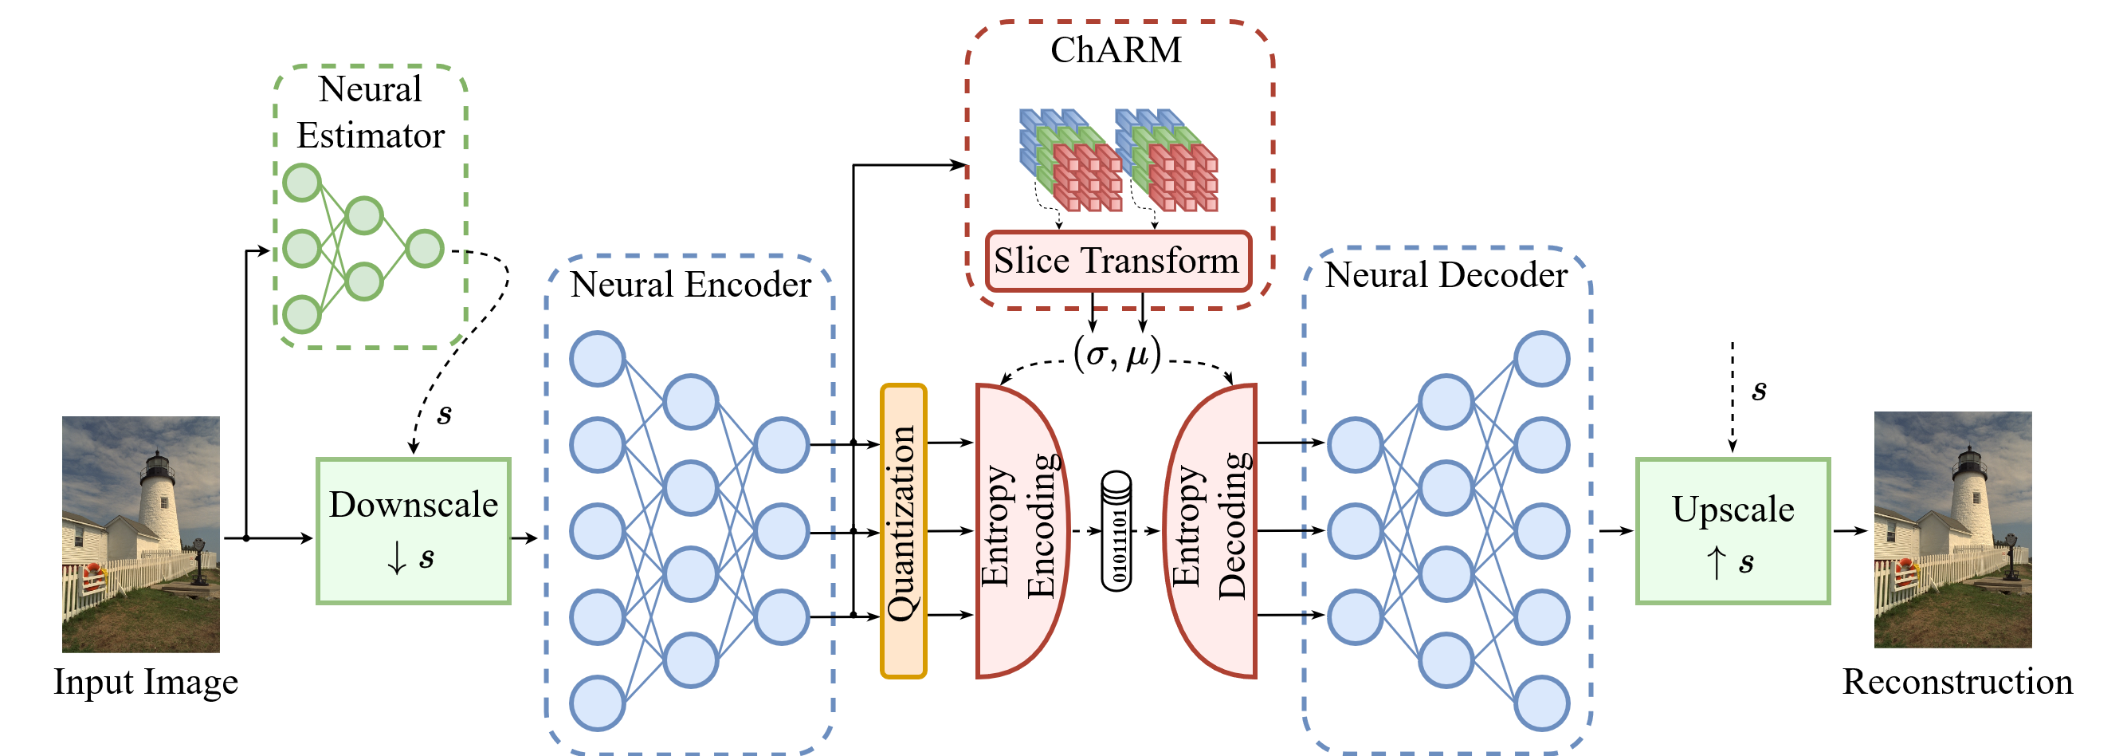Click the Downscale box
(x=413, y=530)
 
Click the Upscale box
(x=1733, y=530)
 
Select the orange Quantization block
(x=903, y=531)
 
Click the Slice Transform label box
(x=1117, y=262)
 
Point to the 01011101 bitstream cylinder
(x=1116, y=531)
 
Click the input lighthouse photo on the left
(x=141, y=534)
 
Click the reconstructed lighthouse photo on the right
(x=1952, y=530)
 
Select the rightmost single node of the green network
(x=426, y=249)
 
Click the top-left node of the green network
(x=302, y=182)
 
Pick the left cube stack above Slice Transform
(x=1069, y=160)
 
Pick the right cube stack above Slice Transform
(x=1166, y=160)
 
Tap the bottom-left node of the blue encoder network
(x=598, y=703)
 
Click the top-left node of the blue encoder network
(x=598, y=359)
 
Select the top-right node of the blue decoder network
(x=1542, y=359)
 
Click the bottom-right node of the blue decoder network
(x=1542, y=703)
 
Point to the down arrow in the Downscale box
(x=396, y=559)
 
